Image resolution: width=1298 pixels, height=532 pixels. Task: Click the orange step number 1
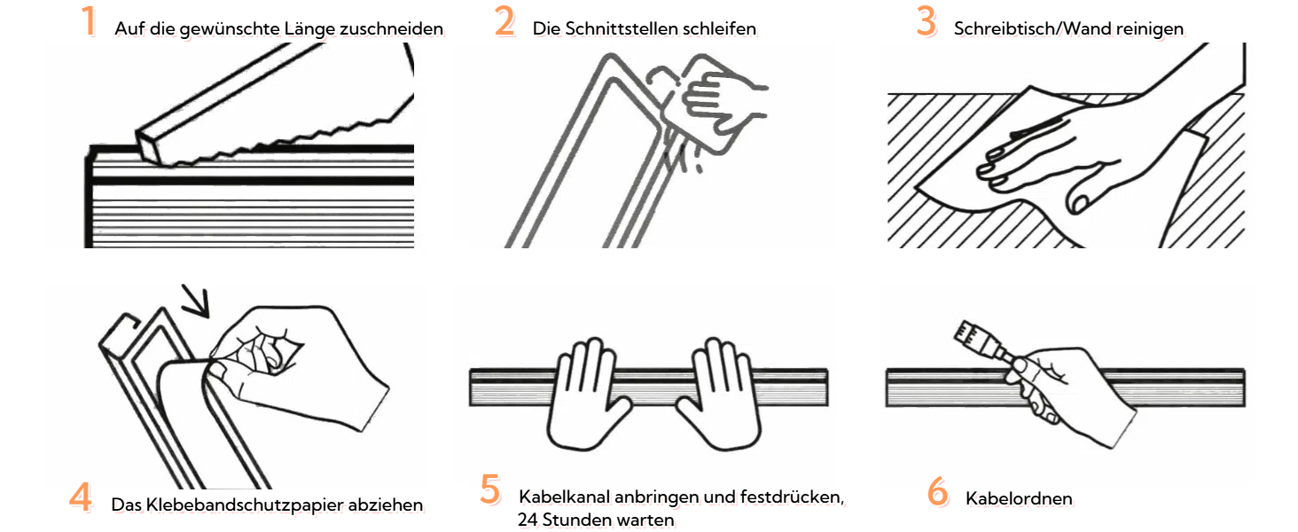pos(89,21)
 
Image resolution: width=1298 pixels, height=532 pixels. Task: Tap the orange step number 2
pos(504,21)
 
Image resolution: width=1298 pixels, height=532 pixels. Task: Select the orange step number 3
pos(926,21)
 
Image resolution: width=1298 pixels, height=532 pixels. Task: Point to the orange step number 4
pos(81,497)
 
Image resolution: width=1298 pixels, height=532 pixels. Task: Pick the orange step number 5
pos(490,489)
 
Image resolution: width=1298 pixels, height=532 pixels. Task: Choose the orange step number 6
pos(937,491)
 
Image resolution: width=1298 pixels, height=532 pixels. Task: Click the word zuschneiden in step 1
pos(392,28)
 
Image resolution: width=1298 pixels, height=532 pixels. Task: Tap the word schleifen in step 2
pos(720,28)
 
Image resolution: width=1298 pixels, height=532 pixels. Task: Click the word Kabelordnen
pos(1019,498)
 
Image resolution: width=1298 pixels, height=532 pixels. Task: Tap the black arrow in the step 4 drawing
pos(196,301)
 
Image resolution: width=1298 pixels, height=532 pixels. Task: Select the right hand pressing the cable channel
pos(718,394)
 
